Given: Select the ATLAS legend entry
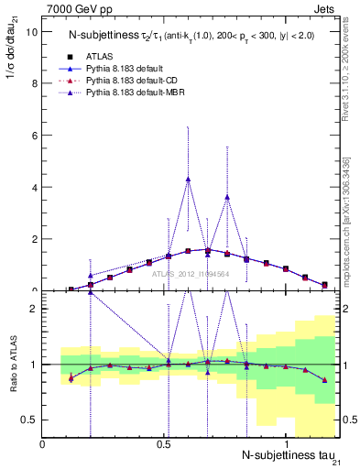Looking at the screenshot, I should pos(100,55).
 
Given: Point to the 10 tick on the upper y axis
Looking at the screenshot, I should pos(31,31).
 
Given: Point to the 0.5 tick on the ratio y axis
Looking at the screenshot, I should pos(30,420).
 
